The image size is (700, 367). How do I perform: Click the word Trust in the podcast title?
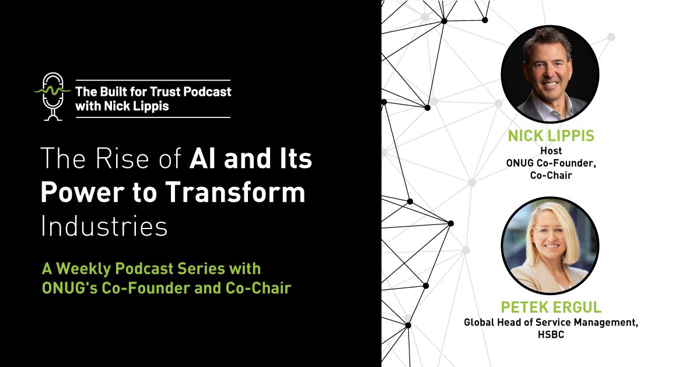[x=162, y=92]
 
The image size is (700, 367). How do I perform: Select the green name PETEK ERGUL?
[x=550, y=307]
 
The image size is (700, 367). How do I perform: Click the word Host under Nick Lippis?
[x=550, y=151]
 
